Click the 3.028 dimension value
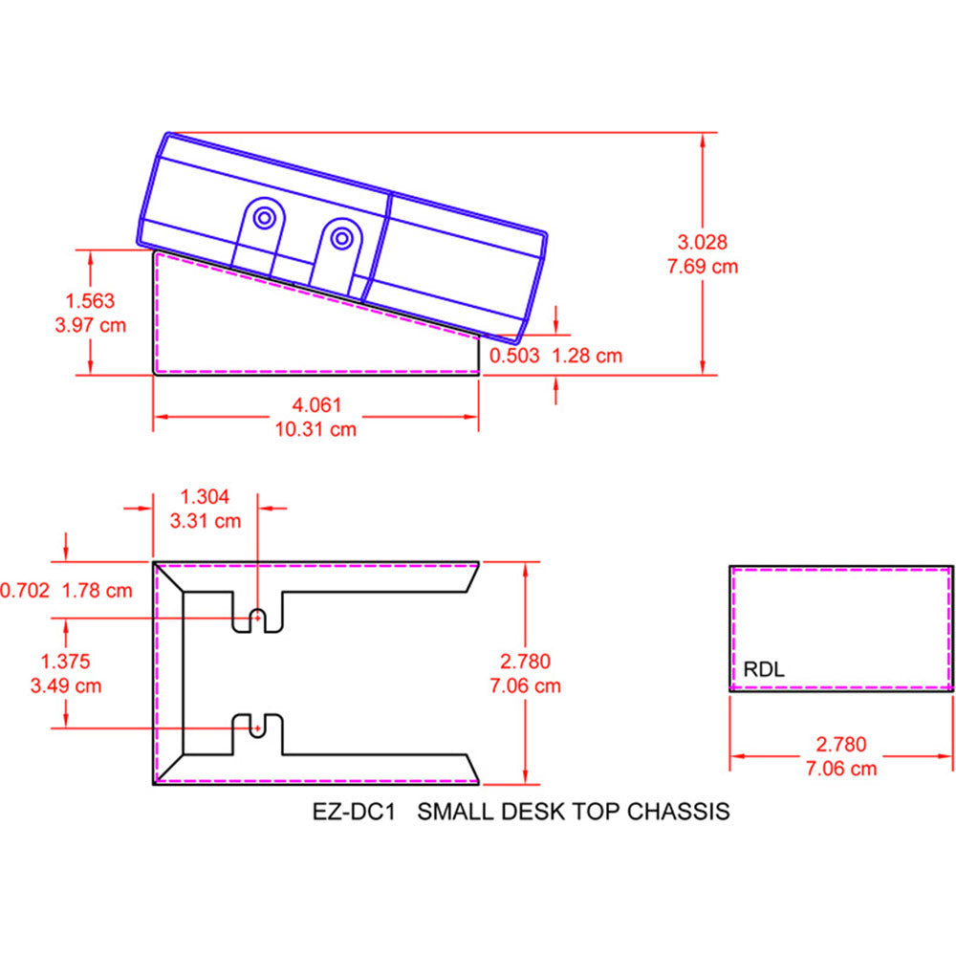(703, 242)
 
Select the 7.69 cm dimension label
(703, 266)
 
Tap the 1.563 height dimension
(91, 300)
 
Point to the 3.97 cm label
(91, 324)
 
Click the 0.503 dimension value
(515, 356)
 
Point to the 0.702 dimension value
(24, 590)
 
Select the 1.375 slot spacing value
(66, 661)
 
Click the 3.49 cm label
(66, 684)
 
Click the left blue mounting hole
(263, 217)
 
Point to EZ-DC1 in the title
(355, 811)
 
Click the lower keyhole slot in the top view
(257, 727)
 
